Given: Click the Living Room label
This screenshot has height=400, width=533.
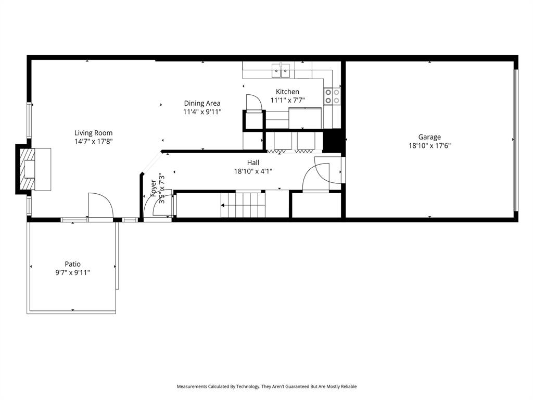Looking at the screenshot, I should [93, 133].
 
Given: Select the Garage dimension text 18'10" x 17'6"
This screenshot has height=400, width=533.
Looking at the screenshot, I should [429, 146].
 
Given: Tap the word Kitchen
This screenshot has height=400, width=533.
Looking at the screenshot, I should [287, 92].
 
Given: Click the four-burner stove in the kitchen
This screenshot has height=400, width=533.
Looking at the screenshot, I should [332, 96].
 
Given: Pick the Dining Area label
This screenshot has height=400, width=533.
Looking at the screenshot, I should [202, 103].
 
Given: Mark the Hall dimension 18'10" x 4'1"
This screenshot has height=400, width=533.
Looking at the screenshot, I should [253, 171].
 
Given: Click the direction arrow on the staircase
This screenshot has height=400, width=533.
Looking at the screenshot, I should [224, 206].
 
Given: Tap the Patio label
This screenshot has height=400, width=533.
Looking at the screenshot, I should [72, 264].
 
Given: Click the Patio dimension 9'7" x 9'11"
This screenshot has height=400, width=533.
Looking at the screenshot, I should [72, 272].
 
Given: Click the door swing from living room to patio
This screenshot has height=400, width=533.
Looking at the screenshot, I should [100, 207].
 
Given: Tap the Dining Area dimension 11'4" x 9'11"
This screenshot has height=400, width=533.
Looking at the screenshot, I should [202, 111].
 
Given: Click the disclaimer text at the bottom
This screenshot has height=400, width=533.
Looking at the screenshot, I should [266, 386].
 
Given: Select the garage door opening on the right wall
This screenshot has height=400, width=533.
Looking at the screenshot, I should [515, 140].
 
